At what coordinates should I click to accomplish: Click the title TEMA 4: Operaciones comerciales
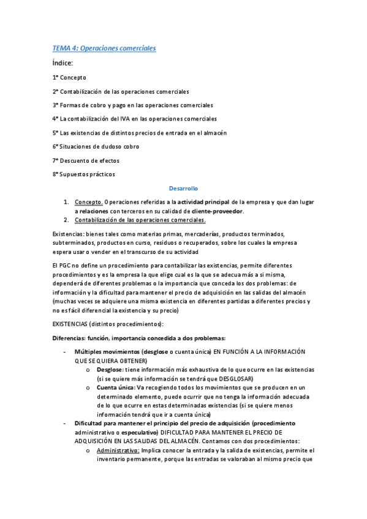104,48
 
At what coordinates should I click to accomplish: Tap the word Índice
63,63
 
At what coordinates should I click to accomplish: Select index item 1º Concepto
69,78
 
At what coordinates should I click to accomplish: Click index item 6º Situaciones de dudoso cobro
96,146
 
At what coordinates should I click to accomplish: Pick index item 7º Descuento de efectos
86,160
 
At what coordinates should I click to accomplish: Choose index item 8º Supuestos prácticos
83,174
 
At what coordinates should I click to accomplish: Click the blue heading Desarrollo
183,189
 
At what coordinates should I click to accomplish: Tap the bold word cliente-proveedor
218,211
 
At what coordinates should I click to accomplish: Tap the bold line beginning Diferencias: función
139,338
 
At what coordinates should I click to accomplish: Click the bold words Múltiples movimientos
107,352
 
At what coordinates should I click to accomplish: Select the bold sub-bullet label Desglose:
110,370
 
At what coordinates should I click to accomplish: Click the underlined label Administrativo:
118,450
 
